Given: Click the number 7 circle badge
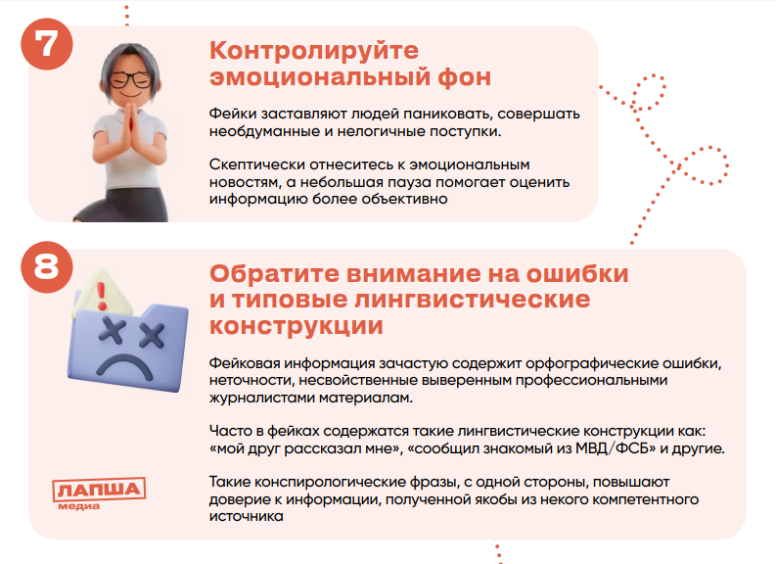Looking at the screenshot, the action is point(47,44).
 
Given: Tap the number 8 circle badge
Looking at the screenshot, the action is point(47,267).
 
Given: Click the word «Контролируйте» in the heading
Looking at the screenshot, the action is point(314,51).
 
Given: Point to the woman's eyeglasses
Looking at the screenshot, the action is point(130,79).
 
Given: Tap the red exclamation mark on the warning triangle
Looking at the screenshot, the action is point(102,296).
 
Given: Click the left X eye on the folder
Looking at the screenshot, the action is point(111,330).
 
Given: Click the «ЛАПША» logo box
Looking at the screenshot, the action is point(99,490).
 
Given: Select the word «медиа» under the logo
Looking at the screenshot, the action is point(78,506).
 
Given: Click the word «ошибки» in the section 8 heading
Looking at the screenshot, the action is point(577,274).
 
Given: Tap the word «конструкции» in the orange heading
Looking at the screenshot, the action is point(296,326).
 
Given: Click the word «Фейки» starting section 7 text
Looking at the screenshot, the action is point(233,114).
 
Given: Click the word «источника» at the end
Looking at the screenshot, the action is point(246,516).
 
